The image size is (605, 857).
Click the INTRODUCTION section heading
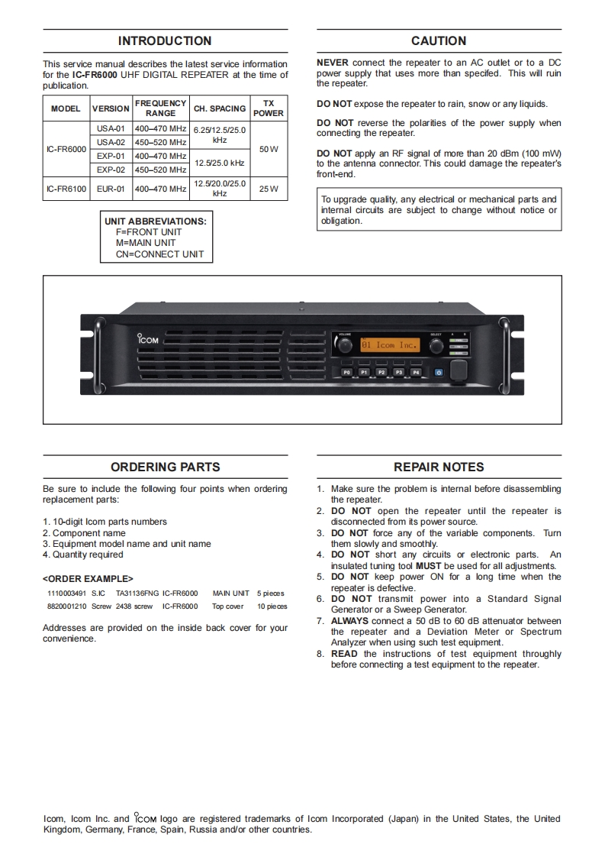coord(165,41)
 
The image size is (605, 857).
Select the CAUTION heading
coord(438,41)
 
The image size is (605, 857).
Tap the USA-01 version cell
coord(111,128)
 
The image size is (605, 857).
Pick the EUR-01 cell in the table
coord(111,188)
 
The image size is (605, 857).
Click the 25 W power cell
coord(269,188)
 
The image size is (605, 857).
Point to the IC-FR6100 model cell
coord(66,188)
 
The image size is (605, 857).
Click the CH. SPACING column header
coord(220,108)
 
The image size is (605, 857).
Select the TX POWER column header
coord(269,108)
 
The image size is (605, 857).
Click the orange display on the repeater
coord(390,345)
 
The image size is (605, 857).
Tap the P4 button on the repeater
coord(416,372)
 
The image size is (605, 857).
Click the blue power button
coord(439,372)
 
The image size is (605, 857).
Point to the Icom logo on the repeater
coord(148,338)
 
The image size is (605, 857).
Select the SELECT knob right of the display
coord(436,346)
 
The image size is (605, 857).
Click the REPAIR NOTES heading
coord(439,467)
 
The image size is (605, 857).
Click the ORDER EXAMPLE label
coord(88,578)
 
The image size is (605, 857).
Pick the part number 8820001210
coord(66,606)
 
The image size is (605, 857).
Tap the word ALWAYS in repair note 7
coord(349,621)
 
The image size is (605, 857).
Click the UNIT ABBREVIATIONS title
coord(156,222)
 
